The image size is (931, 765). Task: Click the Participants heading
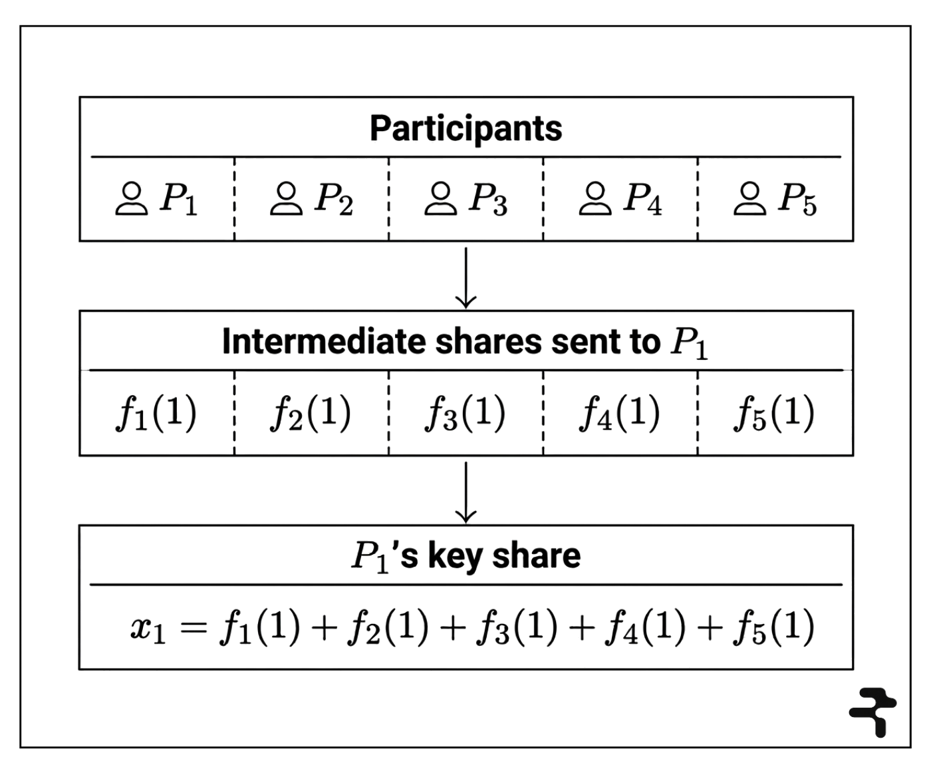(466, 128)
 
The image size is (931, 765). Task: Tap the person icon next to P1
(131, 199)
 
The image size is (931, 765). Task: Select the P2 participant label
(334, 199)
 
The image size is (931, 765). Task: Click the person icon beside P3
(440, 199)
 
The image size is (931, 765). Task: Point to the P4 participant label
(642, 199)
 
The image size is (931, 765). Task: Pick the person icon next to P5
(749, 199)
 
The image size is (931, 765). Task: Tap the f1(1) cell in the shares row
(156, 414)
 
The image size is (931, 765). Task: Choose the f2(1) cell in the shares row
(311, 414)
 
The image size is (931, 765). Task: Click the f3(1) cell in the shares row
(466, 414)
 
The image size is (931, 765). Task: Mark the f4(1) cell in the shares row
(620, 414)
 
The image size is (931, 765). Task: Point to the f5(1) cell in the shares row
(775, 414)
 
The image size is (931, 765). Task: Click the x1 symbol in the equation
(148, 629)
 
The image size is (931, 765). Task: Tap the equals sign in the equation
(194, 627)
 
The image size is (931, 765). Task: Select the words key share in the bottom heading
(503, 555)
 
